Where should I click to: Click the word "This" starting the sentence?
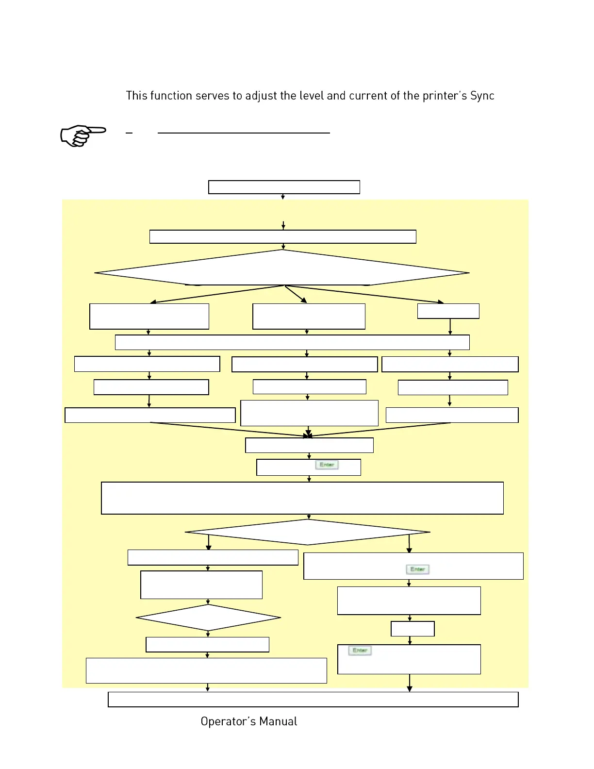coord(136,96)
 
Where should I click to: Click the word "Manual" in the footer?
coord(278,721)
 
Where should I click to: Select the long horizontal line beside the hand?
coord(244,133)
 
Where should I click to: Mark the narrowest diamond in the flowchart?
coord(208,618)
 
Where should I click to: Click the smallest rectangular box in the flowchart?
coord(412,629)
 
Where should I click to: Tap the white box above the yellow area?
coord(284,187)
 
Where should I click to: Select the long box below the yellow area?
coord(313,699)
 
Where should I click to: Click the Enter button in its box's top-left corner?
coord(360,651)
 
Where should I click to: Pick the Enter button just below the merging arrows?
coord(327,465)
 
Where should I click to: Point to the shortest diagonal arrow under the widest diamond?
coord(296,294)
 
